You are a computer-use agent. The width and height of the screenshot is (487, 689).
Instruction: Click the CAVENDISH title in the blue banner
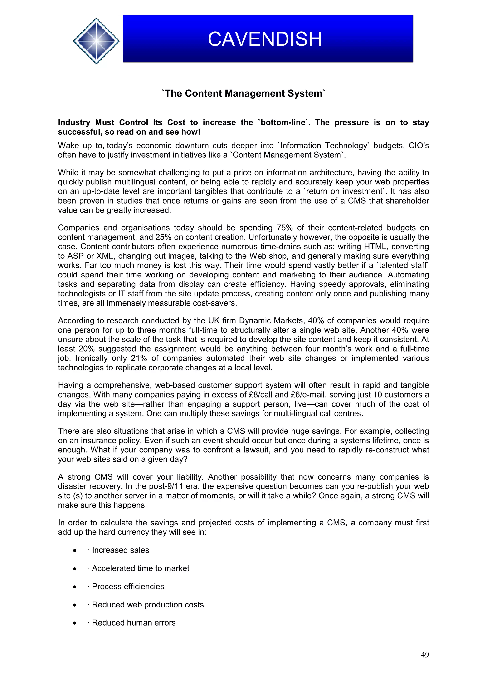(264, 39)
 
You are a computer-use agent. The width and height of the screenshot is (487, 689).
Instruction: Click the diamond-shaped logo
(96, 41)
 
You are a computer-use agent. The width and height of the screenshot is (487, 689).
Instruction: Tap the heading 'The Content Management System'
(243, 93)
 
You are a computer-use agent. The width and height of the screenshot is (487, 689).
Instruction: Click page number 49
(425, 655)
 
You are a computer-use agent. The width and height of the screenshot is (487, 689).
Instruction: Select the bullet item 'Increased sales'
(120, 550)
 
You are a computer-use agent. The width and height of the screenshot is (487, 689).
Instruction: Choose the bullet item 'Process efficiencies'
(128, 586)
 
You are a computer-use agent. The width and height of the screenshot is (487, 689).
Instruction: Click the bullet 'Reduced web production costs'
(148, 604)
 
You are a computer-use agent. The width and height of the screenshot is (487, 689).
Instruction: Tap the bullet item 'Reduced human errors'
(134, 623)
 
